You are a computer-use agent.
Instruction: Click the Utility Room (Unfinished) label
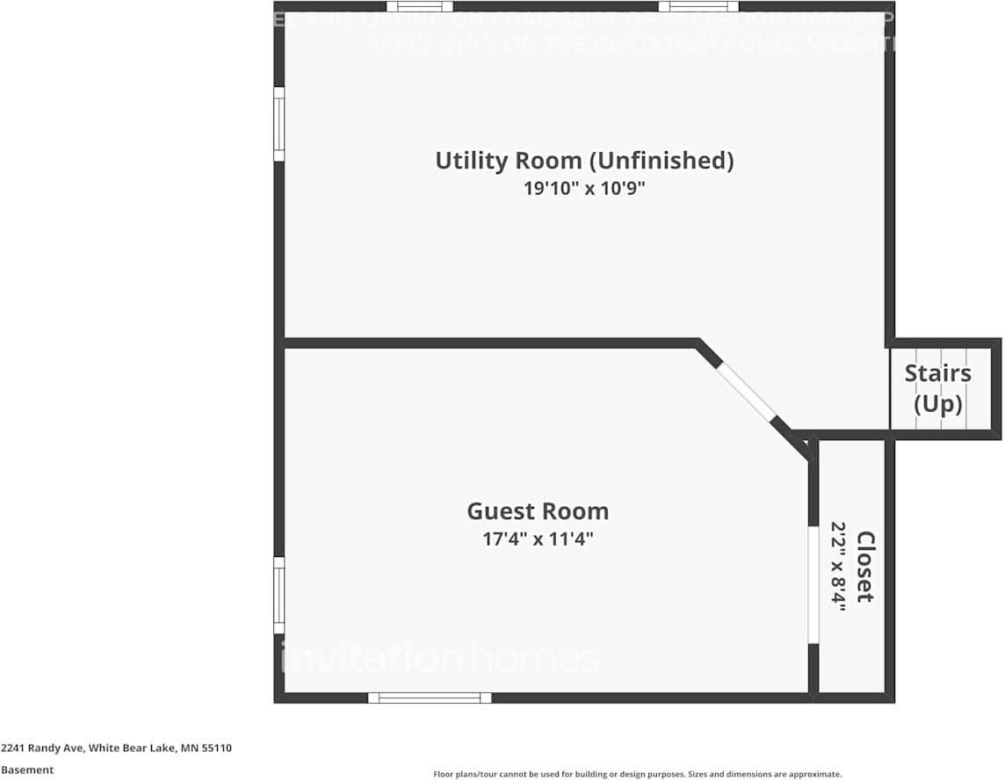pyautogui.click(x=584, y=161)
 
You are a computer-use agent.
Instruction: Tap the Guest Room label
pyautogui.click(x=537, y=511)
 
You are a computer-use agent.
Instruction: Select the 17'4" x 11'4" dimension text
pyautogui.click(x=537, y=539)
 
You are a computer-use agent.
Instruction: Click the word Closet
pyautogui.click(x=865, y=567)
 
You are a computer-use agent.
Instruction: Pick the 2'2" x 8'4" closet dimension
pyautogui.click(x=839, y=567)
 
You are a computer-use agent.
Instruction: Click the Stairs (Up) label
pyautogui.click(x=938, y=388)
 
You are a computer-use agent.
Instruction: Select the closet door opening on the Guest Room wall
pyautogui.click(x=813, y=584)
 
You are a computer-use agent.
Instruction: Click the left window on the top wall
pyautogui.click(x=419, y=7)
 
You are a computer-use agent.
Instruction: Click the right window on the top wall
pyautogui.click(x=698, y=7)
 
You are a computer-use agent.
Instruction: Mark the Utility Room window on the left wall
pyautogui.click(x=278, y=124)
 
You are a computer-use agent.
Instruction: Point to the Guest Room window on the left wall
pyautogui.click(x=278, y=595)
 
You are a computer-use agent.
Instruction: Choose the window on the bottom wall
pyautogui.click(x=430, y=698)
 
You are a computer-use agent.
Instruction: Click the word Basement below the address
pyautogui.click(x=27, y=770)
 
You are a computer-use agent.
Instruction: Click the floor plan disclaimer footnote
pyautogui.click(x=637, y=774)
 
